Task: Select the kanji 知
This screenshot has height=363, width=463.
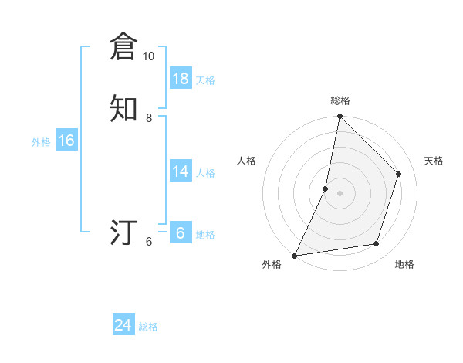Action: click(123, 107)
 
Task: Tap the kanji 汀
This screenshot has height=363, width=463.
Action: click(123, 232)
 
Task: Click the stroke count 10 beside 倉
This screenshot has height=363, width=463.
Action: click(148, 56)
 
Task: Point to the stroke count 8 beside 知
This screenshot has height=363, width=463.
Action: click(148, 117)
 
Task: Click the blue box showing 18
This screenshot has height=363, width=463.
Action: click(181, 79)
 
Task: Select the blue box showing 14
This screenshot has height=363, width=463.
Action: click(181, 171)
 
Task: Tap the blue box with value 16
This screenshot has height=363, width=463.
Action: click(66, 141)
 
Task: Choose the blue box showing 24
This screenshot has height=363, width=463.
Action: click(123, 326)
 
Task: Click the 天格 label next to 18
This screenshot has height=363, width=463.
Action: click(205, 80)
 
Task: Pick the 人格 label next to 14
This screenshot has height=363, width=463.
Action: click(205, 173)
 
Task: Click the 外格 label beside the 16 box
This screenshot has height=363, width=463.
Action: click(41, 142)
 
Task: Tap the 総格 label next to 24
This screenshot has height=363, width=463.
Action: click(148, 327)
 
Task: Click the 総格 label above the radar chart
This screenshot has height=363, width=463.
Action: click(340, 100)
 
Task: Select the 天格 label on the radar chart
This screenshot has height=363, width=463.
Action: click(434, 161)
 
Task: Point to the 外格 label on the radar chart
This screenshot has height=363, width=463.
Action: click(272, 265)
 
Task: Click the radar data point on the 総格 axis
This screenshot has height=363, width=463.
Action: click(340, 117)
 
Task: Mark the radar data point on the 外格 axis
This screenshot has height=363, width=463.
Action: click(295, 255)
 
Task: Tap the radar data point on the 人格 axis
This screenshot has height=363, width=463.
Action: click(326, 188)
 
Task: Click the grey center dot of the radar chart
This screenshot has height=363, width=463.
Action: click(340, 193)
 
